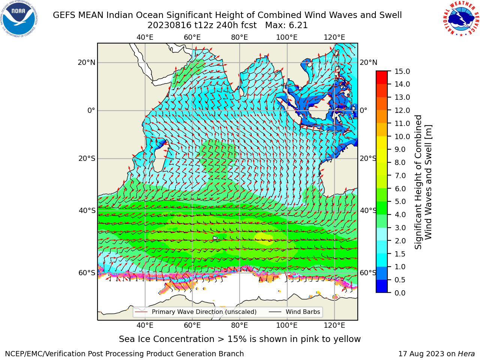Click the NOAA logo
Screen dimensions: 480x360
19,19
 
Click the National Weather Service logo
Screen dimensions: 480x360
461,19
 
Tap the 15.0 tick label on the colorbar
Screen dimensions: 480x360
402,72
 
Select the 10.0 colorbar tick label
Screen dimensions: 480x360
402,136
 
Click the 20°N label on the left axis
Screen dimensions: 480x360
87,63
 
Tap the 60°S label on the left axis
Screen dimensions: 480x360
87,273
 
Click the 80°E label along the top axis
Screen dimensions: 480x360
240,37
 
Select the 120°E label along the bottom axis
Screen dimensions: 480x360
334,325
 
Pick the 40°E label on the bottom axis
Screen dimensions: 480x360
145,325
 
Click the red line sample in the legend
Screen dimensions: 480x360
141,312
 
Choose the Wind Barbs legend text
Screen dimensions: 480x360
303,312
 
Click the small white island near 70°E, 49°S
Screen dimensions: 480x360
215,238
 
